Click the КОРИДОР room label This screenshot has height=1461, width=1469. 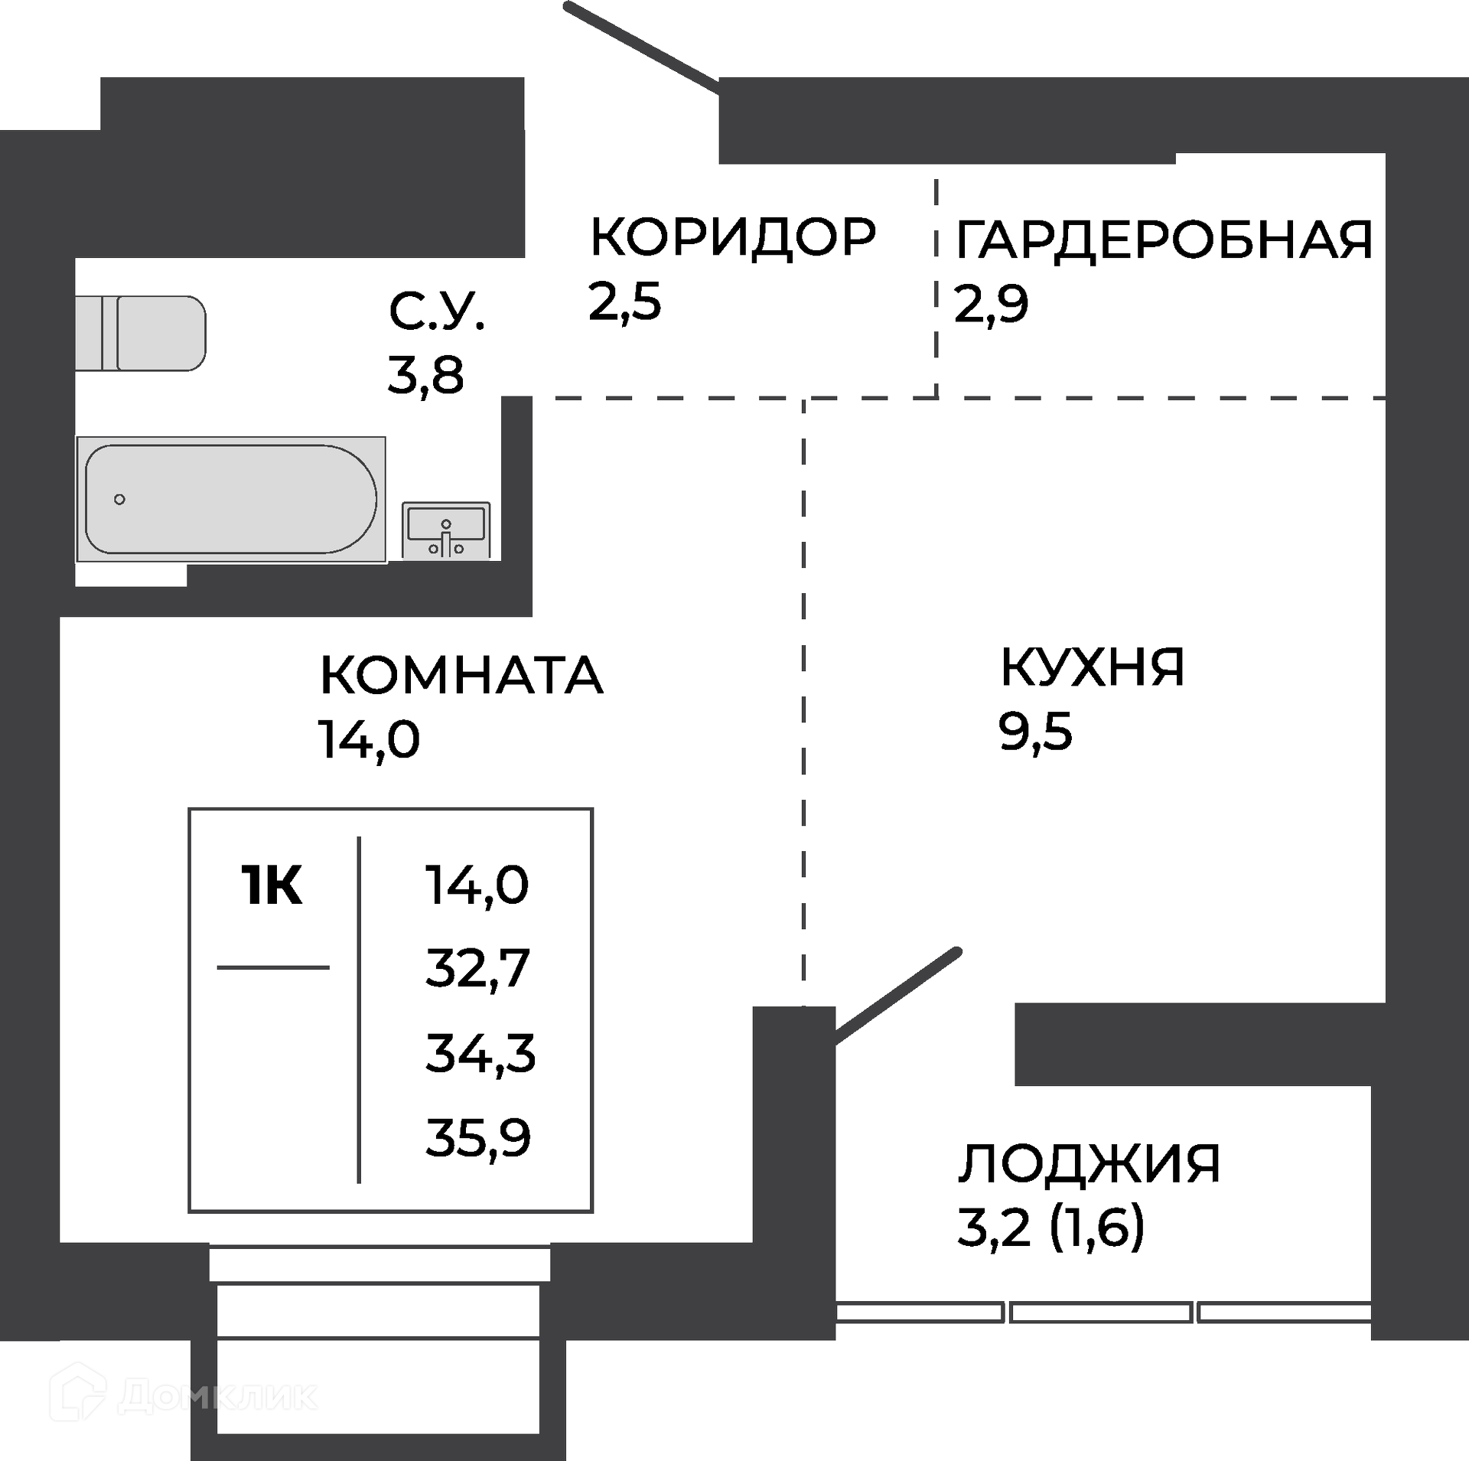733,237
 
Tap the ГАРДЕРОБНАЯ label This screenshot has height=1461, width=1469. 1164,240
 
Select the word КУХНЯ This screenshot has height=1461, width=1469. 1093,667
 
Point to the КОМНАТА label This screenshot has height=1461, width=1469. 461,675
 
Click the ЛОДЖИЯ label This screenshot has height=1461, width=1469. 1089,1164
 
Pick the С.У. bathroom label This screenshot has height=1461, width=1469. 437,311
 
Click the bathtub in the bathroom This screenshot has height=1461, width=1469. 231,500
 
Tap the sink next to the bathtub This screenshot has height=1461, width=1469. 446,530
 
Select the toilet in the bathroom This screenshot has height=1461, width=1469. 141,334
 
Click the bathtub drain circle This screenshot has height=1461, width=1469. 119,500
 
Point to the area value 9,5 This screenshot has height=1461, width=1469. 1035,732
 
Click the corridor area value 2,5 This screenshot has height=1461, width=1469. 624,302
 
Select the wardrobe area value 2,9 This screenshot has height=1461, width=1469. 992,305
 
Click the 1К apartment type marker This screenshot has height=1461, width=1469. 272,885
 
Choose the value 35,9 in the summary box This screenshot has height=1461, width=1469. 478,1138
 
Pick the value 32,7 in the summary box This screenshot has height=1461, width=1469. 477,968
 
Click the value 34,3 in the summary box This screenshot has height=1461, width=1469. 480,1053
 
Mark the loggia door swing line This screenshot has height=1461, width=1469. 897,996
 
